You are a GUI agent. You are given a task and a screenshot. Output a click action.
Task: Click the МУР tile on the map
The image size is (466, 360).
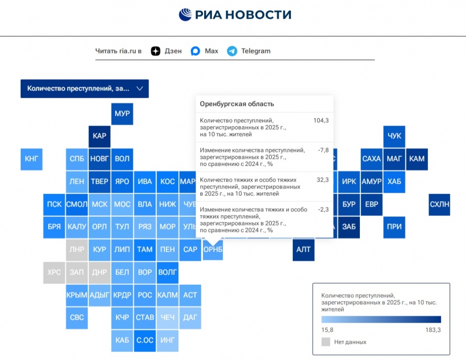[122, 113]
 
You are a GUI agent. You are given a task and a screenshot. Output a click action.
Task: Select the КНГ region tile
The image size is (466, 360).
[31, 158]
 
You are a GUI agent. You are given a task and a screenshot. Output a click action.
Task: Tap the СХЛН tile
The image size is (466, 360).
[439, 204]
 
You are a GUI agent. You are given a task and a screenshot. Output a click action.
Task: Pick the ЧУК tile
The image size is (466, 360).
[394, 136]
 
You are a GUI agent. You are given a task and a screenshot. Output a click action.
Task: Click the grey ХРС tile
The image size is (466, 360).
[54, 272]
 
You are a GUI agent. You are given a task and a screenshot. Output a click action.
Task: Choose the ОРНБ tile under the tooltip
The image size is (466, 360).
[213, 250]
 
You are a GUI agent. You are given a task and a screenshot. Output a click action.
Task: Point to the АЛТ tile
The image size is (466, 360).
[304, 249]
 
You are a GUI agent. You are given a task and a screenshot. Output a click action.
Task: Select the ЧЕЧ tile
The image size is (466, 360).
[167, 318]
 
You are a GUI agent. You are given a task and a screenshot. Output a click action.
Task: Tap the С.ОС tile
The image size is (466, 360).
[145, 340]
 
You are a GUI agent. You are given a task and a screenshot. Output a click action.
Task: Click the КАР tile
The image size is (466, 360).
[99, 136]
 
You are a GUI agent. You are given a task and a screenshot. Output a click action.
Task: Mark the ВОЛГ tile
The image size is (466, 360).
[167, 272]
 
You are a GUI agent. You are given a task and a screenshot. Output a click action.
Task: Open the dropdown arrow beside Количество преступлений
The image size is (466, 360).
[139, 89]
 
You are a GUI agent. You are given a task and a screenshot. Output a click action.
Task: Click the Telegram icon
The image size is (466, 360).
[232, 51]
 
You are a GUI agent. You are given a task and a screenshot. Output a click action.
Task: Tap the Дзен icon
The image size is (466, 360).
[156, 51]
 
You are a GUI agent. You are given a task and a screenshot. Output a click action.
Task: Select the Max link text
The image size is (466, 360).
[211, 51]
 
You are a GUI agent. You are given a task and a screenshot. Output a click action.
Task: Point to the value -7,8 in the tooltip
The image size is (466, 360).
[323, 150]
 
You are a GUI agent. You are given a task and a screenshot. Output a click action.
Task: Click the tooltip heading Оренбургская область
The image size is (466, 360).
[237, 104]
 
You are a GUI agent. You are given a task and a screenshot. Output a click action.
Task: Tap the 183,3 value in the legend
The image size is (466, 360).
[433, 330]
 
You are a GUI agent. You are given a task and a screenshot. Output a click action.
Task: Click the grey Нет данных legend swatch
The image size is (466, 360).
[326, 342]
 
